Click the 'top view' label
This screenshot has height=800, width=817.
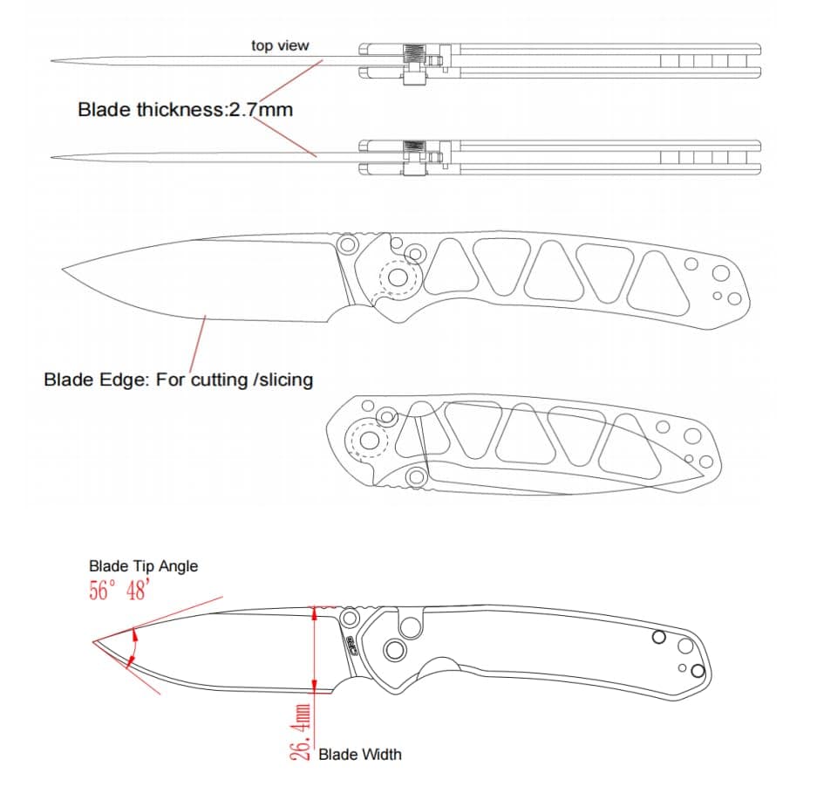coord(280,45)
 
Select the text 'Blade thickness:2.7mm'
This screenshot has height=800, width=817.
coord(185,110)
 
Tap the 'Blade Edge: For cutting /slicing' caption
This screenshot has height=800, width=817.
coord(178,379)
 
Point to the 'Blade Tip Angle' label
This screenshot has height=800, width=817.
coord(143,566)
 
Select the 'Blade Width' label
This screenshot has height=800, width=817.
coord(360,754)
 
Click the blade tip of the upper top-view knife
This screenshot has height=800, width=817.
coord(53,61)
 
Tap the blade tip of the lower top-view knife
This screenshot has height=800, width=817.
coord(53,158)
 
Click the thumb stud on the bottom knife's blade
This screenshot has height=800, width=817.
coord(350,619)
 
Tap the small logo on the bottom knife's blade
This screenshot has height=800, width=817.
coord(351,646)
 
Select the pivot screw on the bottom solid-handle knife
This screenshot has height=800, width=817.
coord(394,649)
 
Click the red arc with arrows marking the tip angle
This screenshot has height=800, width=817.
coord(132,647)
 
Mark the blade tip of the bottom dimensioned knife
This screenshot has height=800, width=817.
coord(94,643)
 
